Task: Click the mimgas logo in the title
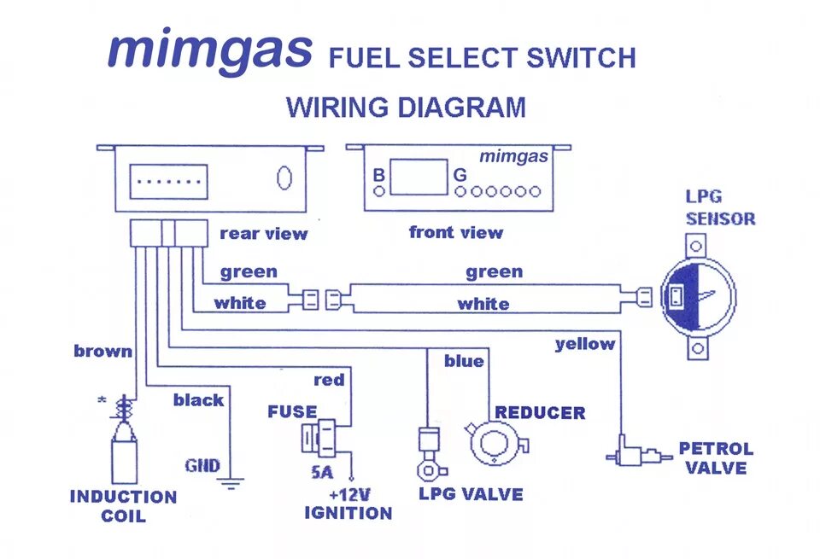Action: [x=209, y=51]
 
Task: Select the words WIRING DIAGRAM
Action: [x=406, y=108]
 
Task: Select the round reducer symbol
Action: [x=494, y=444]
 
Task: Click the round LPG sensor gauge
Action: [x=697, y=296]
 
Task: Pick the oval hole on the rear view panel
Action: [x=284, y=178]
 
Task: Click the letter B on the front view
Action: [x=378, y=175]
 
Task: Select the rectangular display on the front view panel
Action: [x=419, y=176]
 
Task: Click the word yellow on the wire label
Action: [x=585, y=344]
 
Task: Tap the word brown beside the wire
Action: [x=102, y=351]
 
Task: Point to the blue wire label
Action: [x=464, y=361]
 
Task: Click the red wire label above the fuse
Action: [x=329, y=380]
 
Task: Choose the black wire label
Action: [x=198, y=399]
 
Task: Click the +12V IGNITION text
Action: [x=348, y=504]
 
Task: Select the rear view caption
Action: [x=263, y=233]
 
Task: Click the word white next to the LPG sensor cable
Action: [x=483, y=304]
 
